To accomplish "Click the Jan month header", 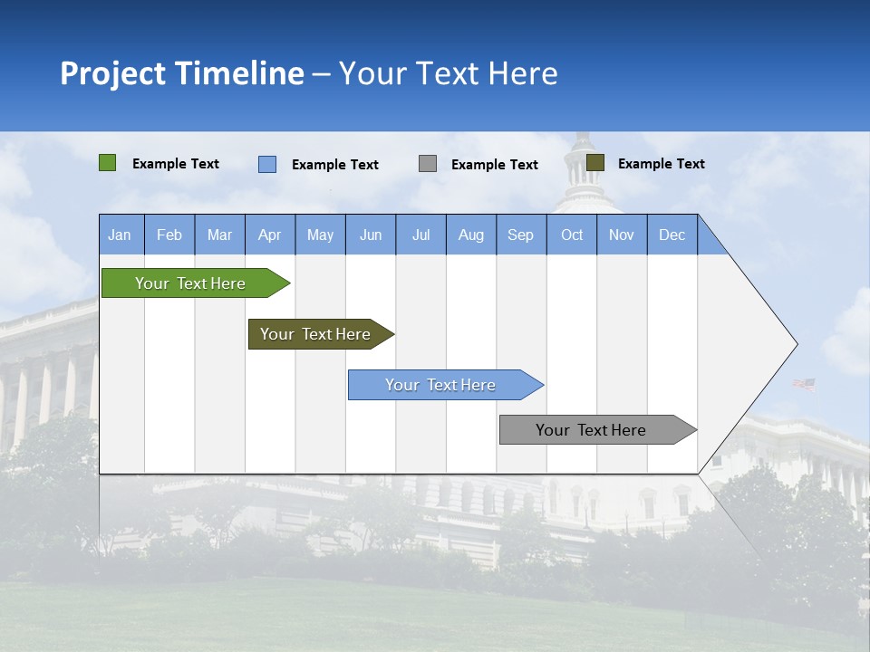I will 121,235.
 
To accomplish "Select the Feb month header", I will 169,235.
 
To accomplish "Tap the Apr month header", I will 270,235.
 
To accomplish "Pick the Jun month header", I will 371,235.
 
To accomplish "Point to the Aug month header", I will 471,235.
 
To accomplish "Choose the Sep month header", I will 521,235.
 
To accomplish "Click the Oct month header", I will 572,235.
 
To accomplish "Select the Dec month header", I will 672,235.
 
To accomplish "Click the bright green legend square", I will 108,163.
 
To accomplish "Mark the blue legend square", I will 267,164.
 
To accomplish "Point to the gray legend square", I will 428,164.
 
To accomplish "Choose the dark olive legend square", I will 595,163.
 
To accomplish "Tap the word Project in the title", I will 112,73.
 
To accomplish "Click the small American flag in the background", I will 804,384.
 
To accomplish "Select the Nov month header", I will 622,235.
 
